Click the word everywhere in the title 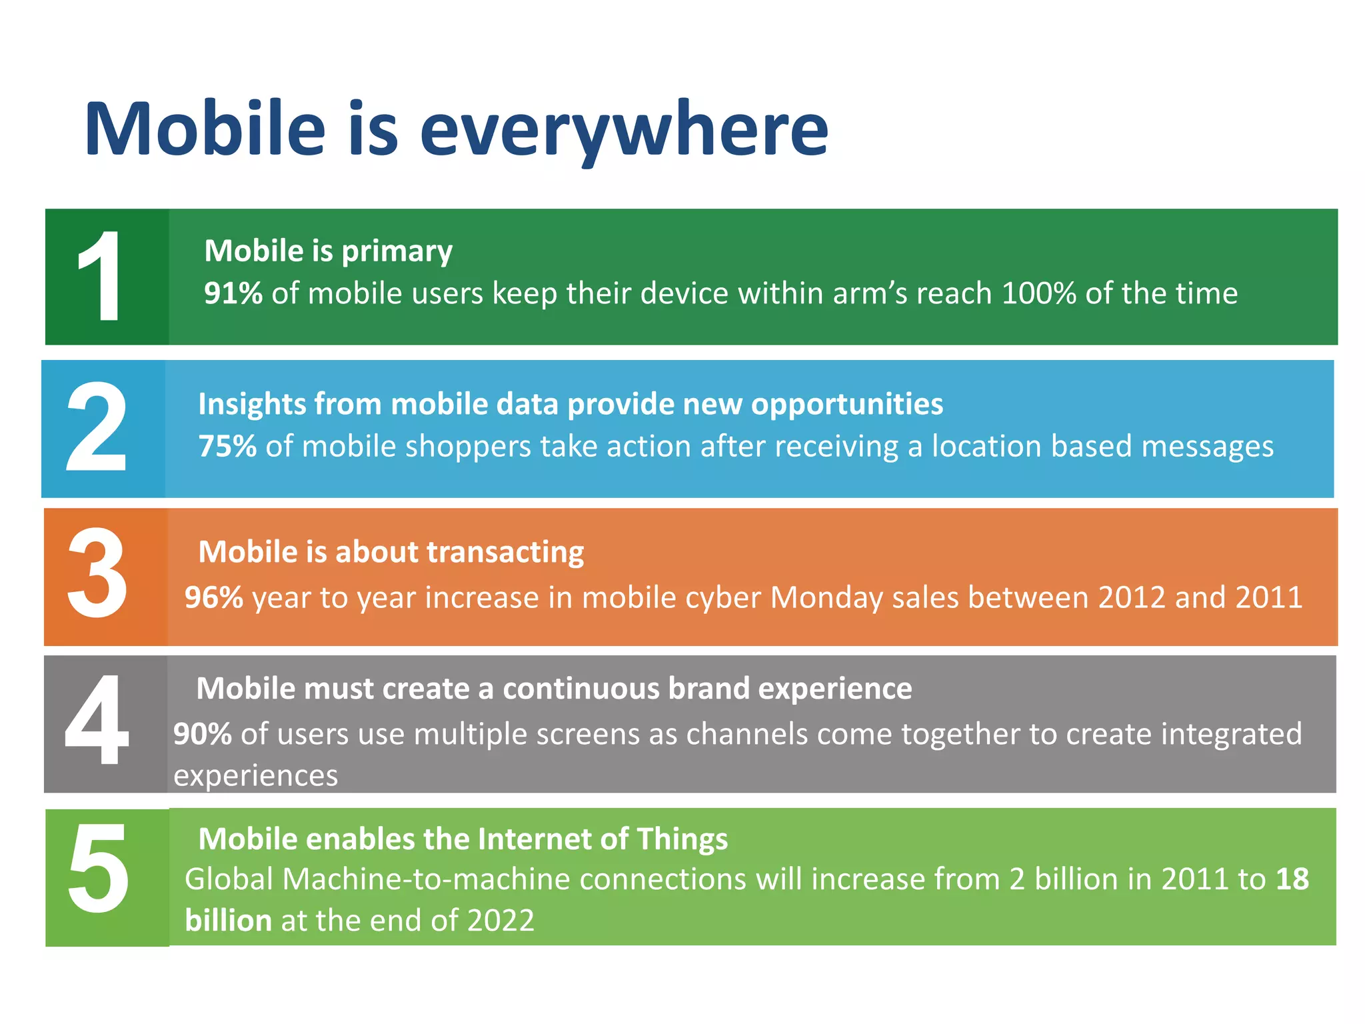click(x=623, y=130)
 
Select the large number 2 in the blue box click(x=97, y=427)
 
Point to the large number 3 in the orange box click(x=97, y=573)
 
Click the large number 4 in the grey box click(x=97, y=720)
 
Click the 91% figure click(x=233, y=293)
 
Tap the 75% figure click(x=227, y=446)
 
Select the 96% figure click(x=213, y=597)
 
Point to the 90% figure click(x=203, y=734)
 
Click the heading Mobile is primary click(x=328, y=251)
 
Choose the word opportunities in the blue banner click(x=846, y=405)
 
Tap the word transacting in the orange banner click(x=505, y=553)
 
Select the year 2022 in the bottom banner click(x=501, y=921)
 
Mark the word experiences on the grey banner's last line click(x=255, y=776)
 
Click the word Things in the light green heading click(x=682, y=839)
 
